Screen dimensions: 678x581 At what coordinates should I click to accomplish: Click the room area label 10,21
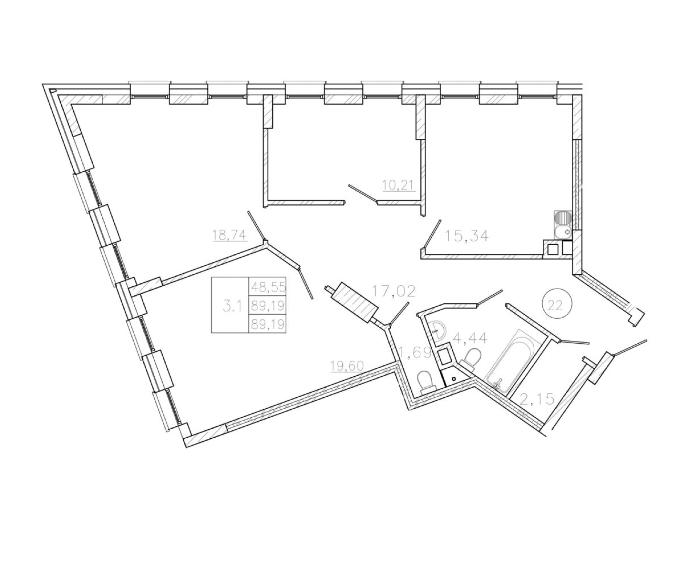pyautogui.click(x=399, y=186)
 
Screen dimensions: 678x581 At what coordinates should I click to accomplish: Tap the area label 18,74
pyautogui.click(x=229, y=235)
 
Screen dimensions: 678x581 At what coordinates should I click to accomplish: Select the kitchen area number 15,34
pyautogui.click(x=467, y=236)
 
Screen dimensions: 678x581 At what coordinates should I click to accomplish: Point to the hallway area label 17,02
pyautogui.click(x=394, y=291)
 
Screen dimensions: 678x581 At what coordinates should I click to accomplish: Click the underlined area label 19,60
pyautogui.click(x=347, y=366)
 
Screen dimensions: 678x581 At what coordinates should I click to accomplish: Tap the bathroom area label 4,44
pyautogui.click(x=470, y=338)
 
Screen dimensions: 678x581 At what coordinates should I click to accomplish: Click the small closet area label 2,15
pyautogui.click(x=537, y=399)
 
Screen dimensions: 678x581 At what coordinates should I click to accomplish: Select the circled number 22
pyautogui.click(x=557, y=305)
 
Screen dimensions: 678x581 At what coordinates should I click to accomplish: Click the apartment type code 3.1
pyautogui.click(x=232, y=307)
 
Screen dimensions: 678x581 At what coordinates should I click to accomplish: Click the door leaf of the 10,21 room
pyautogui.click(x=363, y=193)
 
